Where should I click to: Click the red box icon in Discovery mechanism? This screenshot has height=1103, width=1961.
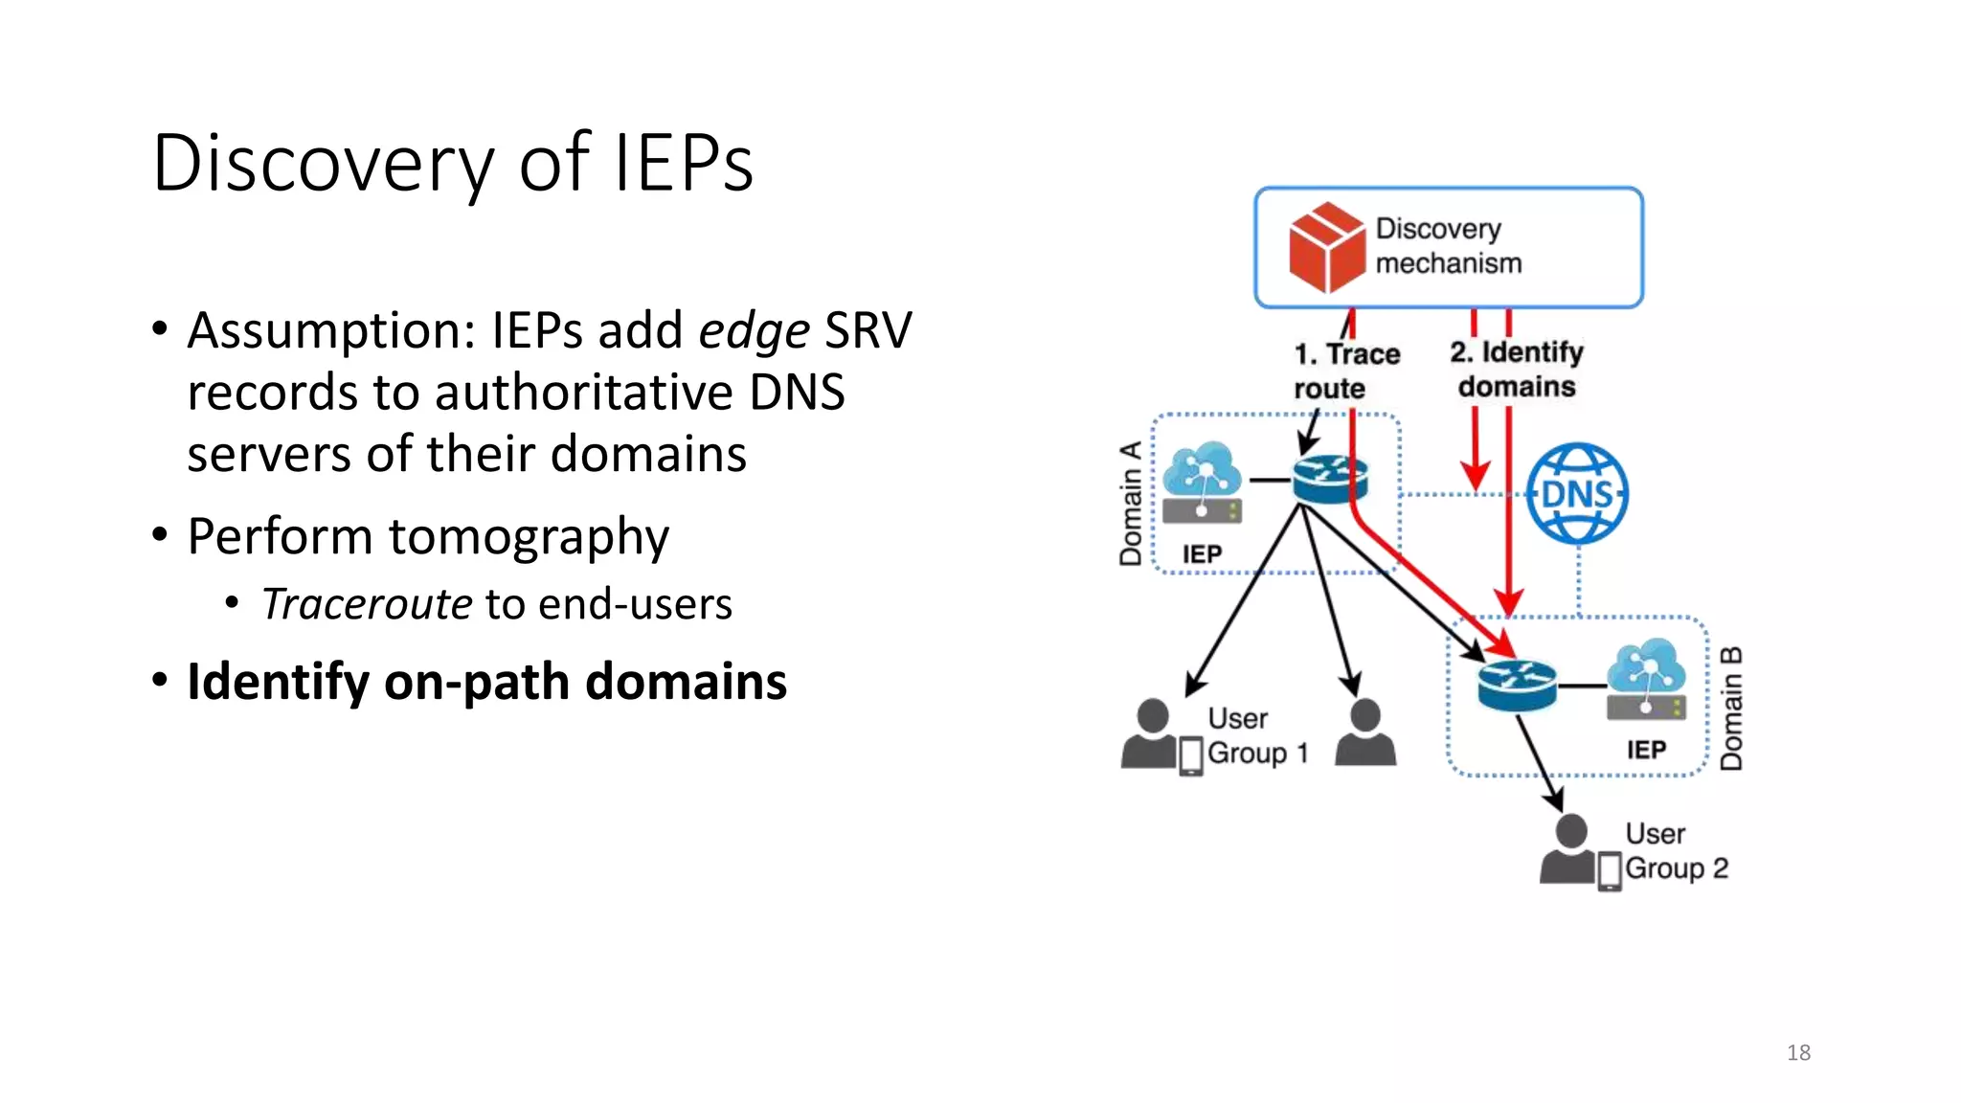pos(1326,248)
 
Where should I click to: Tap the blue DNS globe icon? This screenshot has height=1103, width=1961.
pos(1577,494)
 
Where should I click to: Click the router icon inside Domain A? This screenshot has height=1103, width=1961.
pos(1329,479)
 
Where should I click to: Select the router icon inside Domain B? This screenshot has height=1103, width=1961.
pos(1516,686)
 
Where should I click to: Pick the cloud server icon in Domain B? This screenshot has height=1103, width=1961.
pos(1646,680)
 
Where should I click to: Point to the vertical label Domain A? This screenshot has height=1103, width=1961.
pos(1131,504)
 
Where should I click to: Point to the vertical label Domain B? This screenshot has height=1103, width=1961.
pos(1731,709)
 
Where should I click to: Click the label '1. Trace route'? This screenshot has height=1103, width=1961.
pos(1345,371)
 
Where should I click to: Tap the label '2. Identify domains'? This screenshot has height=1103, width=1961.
pos(1517,369)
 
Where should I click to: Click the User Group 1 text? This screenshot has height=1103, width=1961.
pos(1255,735)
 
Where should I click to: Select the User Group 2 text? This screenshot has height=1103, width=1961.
pos(1676,850)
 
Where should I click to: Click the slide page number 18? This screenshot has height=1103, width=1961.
pos(1798,1052)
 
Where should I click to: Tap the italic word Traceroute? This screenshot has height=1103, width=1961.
pos(367,604)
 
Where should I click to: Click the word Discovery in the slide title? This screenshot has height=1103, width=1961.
pos(323,163)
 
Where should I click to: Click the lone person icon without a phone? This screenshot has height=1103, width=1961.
pos(1364,732)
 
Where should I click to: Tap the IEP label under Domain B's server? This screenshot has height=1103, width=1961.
pos(1646,750)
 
